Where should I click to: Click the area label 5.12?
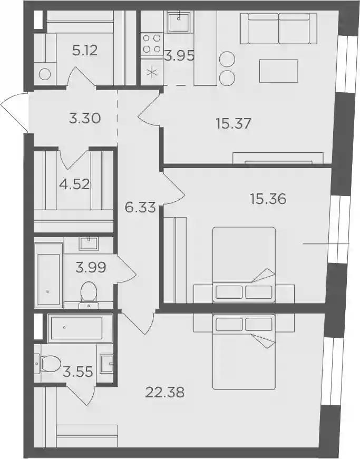coord(84,51)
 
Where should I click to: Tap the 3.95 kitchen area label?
coord(179,56)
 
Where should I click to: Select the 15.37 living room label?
coord(233,123)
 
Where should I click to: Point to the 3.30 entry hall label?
coord(85,119)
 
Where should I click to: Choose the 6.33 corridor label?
coord(140,208)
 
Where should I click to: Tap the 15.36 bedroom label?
coord(268,199)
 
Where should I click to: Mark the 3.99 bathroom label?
coord(91,268)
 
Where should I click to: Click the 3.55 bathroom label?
coord(78,372)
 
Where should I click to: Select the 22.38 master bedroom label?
coord(165,392)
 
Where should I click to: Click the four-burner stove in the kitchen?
coord(152,44)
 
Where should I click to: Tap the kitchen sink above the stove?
coord(179,22)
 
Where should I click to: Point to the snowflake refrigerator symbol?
coord(152,72)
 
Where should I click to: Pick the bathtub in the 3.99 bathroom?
coord(48,276)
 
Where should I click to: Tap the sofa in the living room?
coord(279,28)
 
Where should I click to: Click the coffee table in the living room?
coord(279,71)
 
